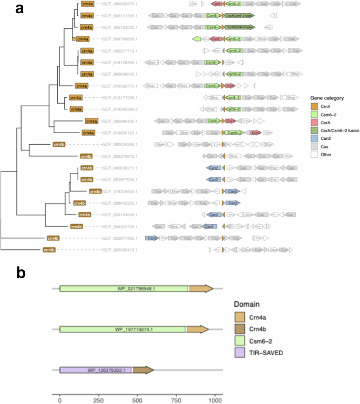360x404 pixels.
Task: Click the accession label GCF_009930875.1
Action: pos(119,4)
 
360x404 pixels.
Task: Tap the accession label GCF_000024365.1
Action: pos(119,144)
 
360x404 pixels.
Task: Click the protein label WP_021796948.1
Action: pos(124,288)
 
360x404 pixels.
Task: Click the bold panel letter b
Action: pos(20,272)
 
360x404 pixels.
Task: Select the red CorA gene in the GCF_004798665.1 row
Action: pos(214,39)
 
